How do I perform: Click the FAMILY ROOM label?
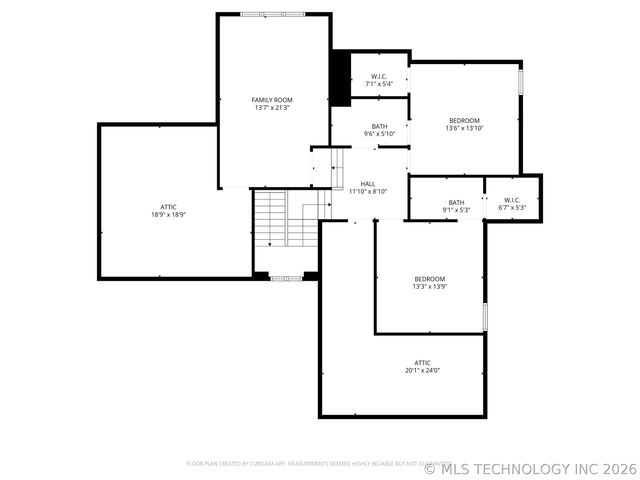click(271, 100)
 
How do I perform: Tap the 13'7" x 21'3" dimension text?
click(271, 108)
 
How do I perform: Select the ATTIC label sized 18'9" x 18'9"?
click(169, 206)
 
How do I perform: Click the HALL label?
click(368, 184)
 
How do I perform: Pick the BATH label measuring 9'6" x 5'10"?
click(379, 126)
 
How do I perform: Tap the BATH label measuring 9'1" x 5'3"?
click(456, 202)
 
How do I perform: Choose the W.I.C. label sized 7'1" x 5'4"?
click(379, 77)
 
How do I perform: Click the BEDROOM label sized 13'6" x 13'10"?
click(464, 120)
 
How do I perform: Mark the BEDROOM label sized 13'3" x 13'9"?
click(429, 278)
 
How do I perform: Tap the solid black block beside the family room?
click(340, 77)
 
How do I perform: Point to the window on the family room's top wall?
click(274, 14)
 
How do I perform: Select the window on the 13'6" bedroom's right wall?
click(520, 80)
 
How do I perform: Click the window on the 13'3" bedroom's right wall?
click(484, 316)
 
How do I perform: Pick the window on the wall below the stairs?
click(285, 277)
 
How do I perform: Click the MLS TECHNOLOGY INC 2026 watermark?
click(530, 467)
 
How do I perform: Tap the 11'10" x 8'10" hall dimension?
click(368, 192)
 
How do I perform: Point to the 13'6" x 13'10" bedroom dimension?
click(464, 128)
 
